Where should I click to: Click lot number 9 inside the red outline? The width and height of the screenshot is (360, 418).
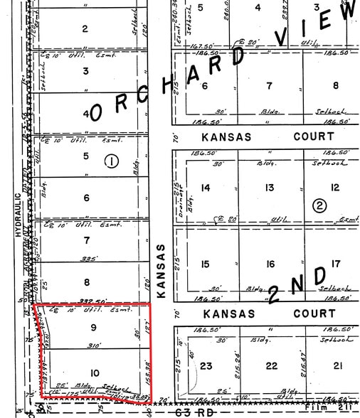pos(93,328)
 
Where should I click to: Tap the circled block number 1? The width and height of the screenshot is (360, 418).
pos(112,161)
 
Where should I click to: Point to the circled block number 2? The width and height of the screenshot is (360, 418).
pos(319,206)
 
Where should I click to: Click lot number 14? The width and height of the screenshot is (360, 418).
pos(206,188)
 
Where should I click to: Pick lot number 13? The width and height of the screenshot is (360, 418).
pos(270,188)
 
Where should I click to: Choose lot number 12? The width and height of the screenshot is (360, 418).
pos(334,188)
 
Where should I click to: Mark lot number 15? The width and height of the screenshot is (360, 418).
pos(206,264)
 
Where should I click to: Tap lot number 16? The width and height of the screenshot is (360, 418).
pos(270,264)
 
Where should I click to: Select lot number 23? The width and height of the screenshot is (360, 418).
pos(206,366)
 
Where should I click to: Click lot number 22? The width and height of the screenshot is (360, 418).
pos(270,366)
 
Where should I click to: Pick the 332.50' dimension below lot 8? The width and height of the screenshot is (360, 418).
pos(88,300)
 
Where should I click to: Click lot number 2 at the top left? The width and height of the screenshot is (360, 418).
pos(85,28)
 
